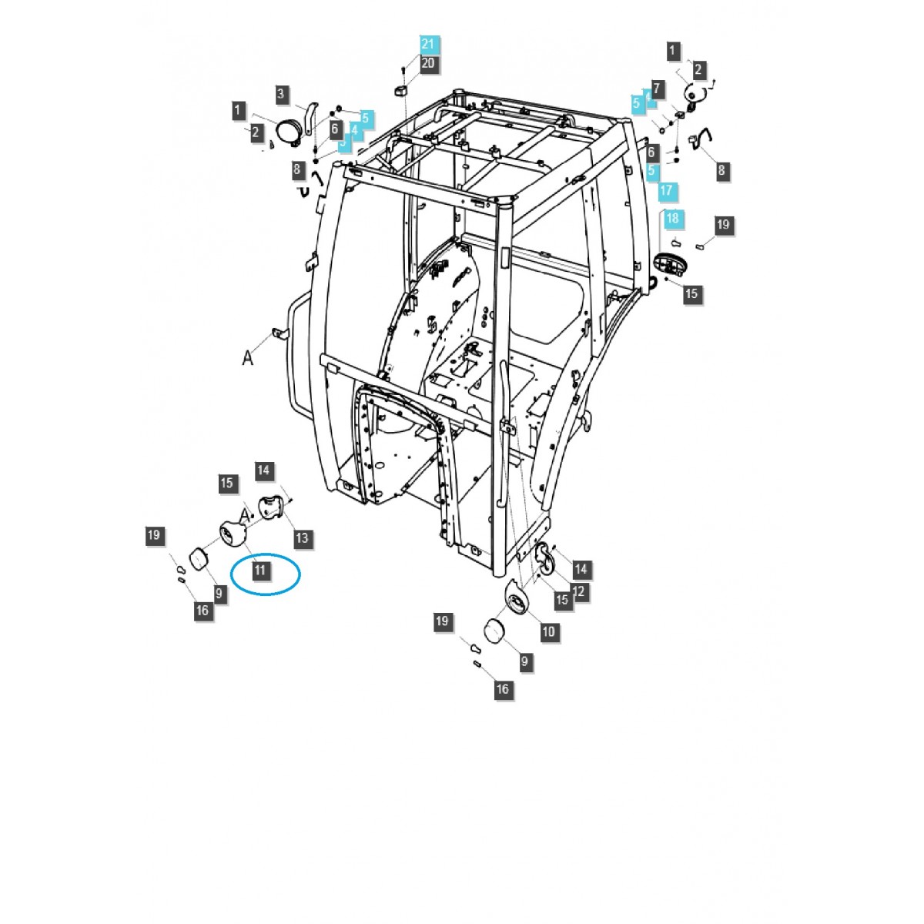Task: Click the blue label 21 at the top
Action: pos(428,44)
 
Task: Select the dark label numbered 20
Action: pos(428,63)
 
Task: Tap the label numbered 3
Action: pos(282,94)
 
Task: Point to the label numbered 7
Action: pos(657,88)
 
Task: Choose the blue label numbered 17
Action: pos(666,190)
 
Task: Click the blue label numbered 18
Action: pos(672,219)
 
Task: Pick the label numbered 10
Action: pos(548,632)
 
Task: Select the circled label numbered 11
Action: pos(260,571)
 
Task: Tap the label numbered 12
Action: pos(579,592)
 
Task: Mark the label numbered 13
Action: pos(302,537)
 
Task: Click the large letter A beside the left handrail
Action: pos(248,357)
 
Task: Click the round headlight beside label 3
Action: pos(289,130)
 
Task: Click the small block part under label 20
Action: pos(400,91)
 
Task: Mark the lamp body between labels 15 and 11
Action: pos(233,532)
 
